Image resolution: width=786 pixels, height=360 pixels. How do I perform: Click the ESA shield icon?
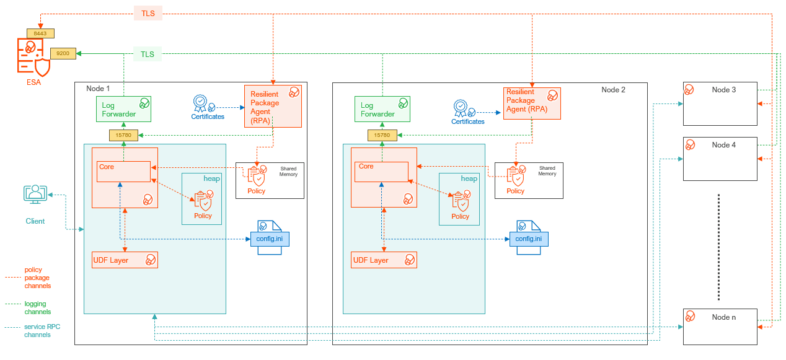coord(33,57)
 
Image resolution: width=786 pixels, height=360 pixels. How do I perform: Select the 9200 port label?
coord(63,54)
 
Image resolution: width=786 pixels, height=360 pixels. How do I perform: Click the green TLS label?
coord(147,55)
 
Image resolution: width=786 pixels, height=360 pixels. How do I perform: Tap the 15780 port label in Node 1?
coord(124,134)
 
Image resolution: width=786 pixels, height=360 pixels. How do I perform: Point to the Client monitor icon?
coord(35,195)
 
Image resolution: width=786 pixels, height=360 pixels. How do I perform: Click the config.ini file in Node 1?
coord(270,239)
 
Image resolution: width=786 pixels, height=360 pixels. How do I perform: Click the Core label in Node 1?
coord(107,167)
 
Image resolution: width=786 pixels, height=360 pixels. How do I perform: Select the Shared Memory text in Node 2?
coord(547,171)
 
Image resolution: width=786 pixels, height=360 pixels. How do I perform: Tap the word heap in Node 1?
coord(212,178)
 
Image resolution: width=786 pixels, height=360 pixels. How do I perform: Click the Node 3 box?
coord(720,103)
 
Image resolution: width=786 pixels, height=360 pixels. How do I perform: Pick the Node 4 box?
coord(720,159)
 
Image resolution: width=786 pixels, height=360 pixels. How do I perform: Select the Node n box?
coord(720,326)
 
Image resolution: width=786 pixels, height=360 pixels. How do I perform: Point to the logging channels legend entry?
coord(38,308)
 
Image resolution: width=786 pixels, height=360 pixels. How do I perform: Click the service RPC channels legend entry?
coord(42,330)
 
